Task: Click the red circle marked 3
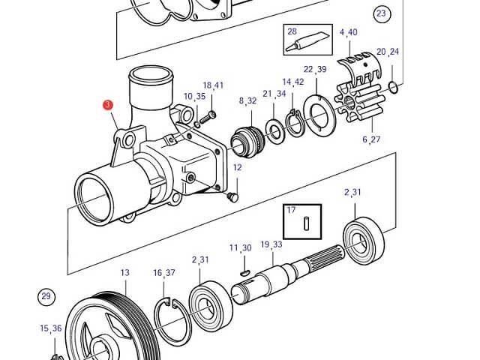point(109,106)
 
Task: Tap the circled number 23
point(382,13)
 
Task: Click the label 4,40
point(348,32)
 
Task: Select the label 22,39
point(315,69)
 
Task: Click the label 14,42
point(292,82)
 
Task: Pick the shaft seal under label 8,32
point(247,140)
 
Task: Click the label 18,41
point(213,85)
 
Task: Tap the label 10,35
point(194,97)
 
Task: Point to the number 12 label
point(237,167)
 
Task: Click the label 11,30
point(240,247)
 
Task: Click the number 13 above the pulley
point(124,272)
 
